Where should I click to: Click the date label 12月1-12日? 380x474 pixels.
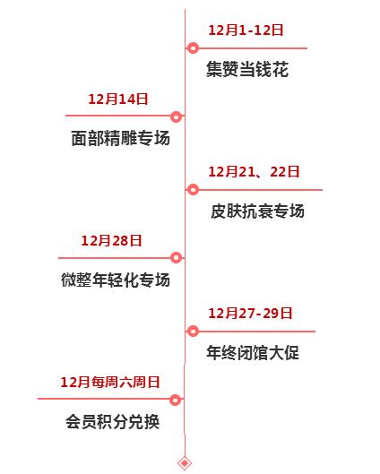coord(246,30)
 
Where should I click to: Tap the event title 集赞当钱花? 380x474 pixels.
coord(247,69)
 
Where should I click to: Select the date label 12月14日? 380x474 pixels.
coord(118,99)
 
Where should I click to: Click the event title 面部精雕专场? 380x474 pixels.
coord(121,138)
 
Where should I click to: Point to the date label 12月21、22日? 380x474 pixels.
coord(254,172)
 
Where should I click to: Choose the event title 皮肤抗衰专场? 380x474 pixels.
coord(257,211)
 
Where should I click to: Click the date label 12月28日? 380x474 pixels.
coord(111,241)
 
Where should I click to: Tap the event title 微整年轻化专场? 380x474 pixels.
coord(116,280)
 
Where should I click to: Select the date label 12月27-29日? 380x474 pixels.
coord(250,314)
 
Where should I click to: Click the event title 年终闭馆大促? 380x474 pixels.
coord(253,352)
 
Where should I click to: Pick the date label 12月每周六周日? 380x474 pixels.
coord(110,382)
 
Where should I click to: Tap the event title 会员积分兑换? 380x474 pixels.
coord(112,421)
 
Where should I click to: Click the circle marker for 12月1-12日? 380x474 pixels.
coord(194,48)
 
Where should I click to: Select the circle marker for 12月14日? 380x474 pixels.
coord(177,116)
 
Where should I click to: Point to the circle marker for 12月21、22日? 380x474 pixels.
coord(193,190)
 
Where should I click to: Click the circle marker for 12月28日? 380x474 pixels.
coord(177,257)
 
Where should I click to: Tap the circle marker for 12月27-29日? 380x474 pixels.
coord(193,332)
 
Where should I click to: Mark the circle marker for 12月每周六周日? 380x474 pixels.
coord(176,400)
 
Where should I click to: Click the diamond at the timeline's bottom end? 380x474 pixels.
coord(185,463)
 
